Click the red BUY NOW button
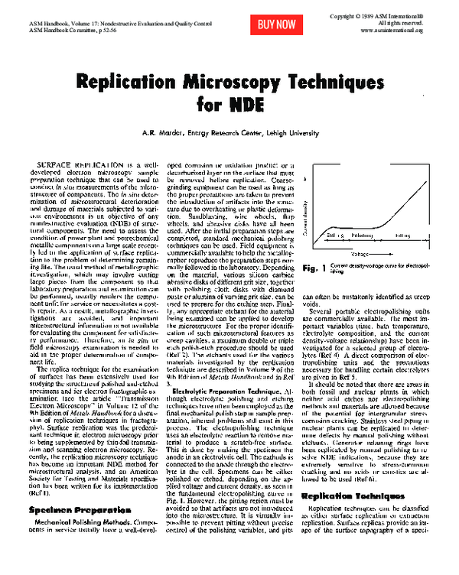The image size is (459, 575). point(277,24)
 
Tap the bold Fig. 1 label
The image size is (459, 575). point(314,268)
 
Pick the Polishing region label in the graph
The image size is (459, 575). point(362,236)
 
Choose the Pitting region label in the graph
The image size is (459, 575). point(404,236)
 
